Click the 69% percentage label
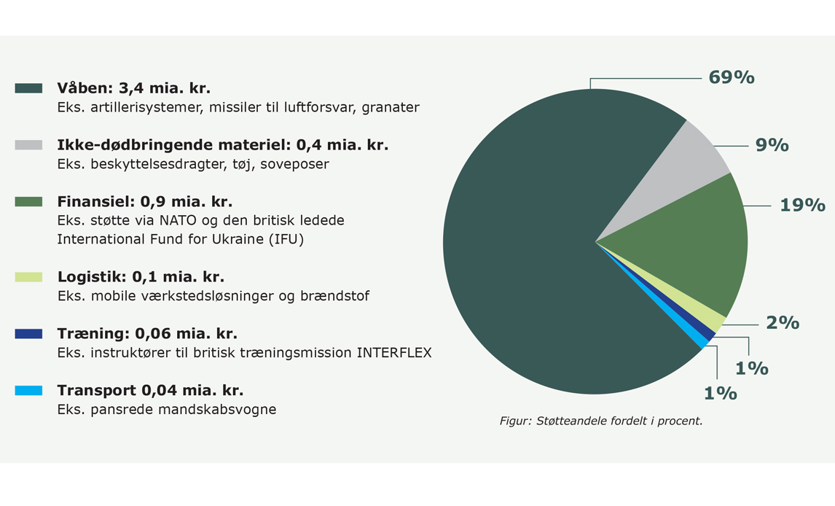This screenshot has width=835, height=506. pos(731,78)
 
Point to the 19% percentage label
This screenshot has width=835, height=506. pos(802,205)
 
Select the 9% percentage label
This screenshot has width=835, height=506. pos(772,145)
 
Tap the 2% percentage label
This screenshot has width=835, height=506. pos(783,323)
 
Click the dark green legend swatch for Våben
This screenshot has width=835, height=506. pos(28,88)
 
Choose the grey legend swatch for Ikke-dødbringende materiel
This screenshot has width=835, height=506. pos(28,145)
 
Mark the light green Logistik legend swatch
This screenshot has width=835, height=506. pos(28,277)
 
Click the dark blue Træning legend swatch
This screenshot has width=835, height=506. pos(28,334)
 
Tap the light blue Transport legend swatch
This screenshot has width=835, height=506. pos(28,390)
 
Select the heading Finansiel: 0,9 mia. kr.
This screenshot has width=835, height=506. pos(145,202)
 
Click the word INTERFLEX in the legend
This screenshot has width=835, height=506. pos(394,353)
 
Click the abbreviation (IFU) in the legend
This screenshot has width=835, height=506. pos(286,239)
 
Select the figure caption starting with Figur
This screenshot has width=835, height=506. pos(600,421)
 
